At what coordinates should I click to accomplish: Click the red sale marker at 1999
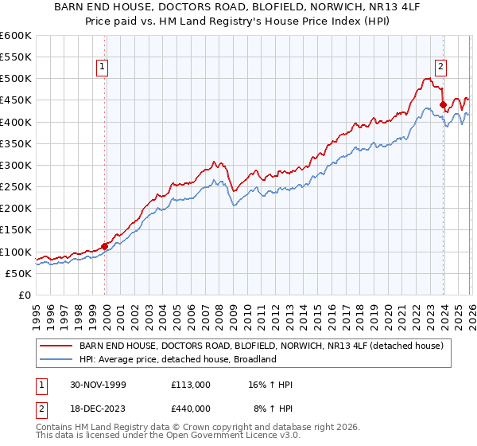(105, 246)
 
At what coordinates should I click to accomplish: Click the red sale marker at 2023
(443, 104)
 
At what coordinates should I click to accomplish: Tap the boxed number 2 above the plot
(440, 68)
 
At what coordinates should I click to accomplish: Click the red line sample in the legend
(56, 346)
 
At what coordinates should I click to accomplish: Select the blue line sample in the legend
(56, 359)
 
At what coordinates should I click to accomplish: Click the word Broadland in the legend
(253, 359)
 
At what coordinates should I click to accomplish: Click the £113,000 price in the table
(190, 385)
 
